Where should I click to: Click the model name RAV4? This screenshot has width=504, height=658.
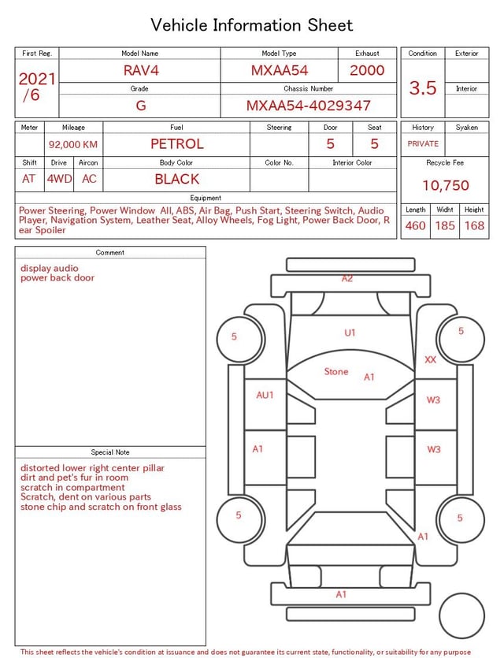(x=141, y=70)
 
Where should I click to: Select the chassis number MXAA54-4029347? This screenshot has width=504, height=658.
(x=308, y=106)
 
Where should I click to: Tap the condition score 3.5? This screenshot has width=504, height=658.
(x=423, y=87)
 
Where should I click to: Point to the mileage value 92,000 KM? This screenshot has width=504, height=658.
(x=73, y=144)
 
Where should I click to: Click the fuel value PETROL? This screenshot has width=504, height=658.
(x=177, y=144)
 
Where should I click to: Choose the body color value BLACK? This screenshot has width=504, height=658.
(x=177, y=179)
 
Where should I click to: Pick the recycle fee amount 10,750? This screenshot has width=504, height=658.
(x=445, y=185)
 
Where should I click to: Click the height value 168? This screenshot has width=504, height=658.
(x=474, y=225)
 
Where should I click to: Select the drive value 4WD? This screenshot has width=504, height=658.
(x=59, y=179)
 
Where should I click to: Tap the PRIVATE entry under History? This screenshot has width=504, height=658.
(x=423, y=143)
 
